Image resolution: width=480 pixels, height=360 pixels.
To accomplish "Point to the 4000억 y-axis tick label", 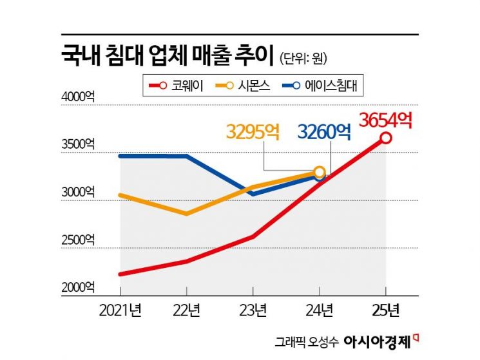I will [78, 98].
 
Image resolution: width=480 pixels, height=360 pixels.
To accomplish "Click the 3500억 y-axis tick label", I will [78, 146].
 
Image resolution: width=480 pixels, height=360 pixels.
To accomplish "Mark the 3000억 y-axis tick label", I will [78, 193].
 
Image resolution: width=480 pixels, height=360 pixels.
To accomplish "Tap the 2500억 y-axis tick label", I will [78, 240].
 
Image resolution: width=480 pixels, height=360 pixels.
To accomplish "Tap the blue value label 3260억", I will [324, 132].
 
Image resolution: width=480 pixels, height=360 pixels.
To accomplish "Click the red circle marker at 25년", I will [385, 138].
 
